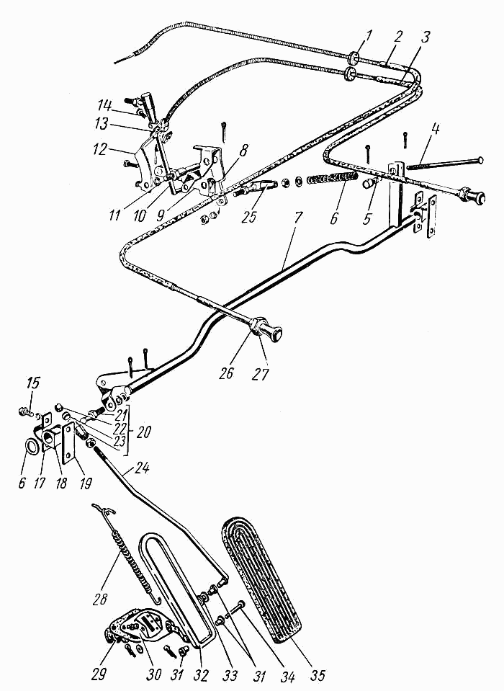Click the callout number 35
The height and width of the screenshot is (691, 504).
(x=317, y=674)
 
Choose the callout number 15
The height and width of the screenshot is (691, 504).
(x=32, y=383)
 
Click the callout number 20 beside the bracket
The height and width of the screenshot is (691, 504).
(x=143, y=432)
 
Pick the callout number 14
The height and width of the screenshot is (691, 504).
(x=105, y=107)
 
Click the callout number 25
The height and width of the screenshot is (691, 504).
(x=250, y=216)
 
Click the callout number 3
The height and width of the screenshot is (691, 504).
(x=423, y=37)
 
